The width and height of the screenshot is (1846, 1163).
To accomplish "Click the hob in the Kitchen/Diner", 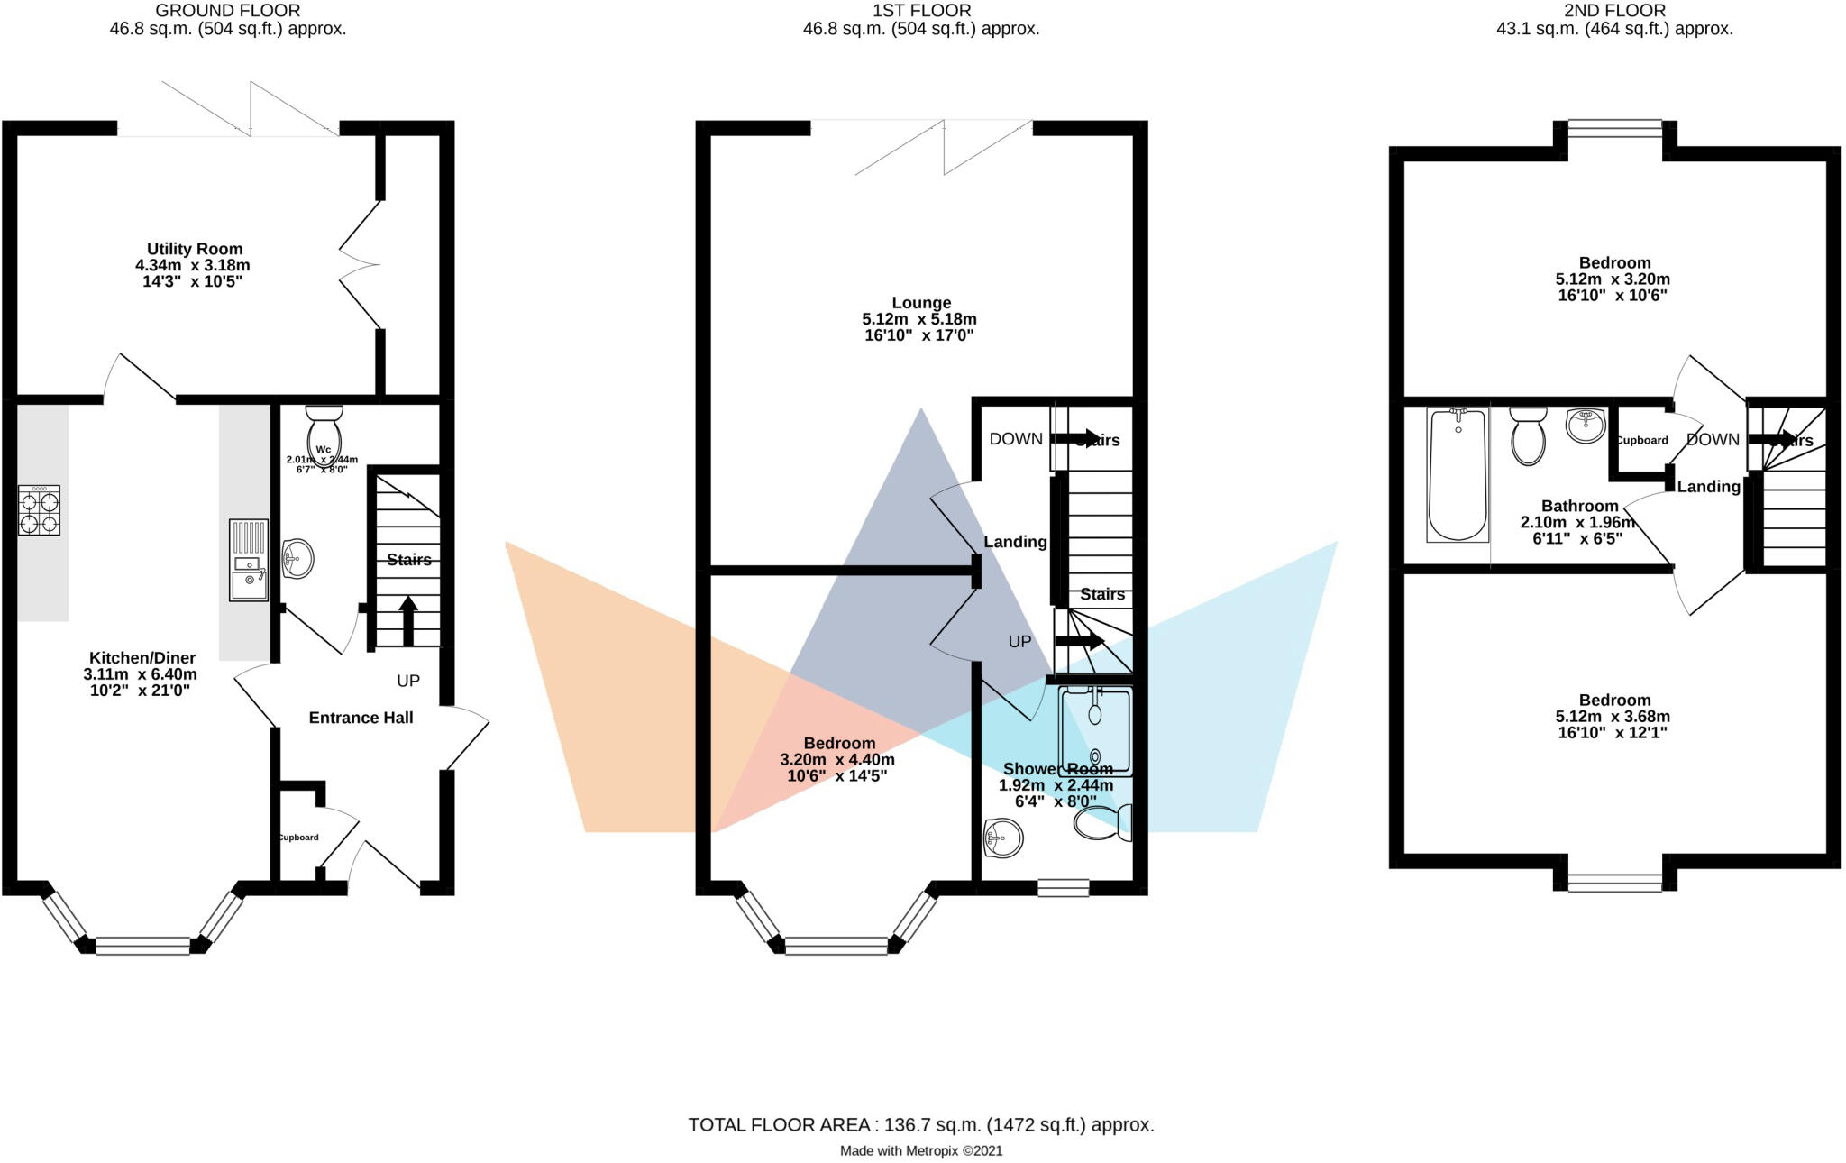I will pos(40,511).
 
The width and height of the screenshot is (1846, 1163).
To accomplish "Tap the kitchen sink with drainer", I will pos(248,560).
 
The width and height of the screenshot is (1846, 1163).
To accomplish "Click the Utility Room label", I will pos(195,249).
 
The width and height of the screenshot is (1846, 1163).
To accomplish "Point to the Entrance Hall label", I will pos(361,718).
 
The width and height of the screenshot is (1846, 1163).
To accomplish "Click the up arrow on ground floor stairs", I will pos(407,619).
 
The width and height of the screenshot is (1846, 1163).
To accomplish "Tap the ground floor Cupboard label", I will pos(297,838).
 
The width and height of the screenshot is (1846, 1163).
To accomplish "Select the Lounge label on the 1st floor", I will pos(921,303).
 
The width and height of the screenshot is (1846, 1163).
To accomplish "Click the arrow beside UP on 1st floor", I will pos(1079,641).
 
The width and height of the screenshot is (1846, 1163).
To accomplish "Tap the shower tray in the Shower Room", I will pos(1095,731).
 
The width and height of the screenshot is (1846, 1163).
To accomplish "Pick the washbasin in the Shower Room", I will pos(1002,838).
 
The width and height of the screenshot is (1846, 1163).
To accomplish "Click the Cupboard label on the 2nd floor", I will pos(1641,440).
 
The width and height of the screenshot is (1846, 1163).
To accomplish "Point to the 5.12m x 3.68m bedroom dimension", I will pos(1614,717).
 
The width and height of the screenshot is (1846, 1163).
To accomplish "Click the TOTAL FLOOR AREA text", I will pos(920,1124).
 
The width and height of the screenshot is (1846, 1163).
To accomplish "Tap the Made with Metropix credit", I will pos(920,1150).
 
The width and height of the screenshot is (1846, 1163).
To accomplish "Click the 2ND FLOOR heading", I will pos(1614,11).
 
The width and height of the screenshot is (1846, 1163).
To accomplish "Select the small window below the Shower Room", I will pos(1063,887).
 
